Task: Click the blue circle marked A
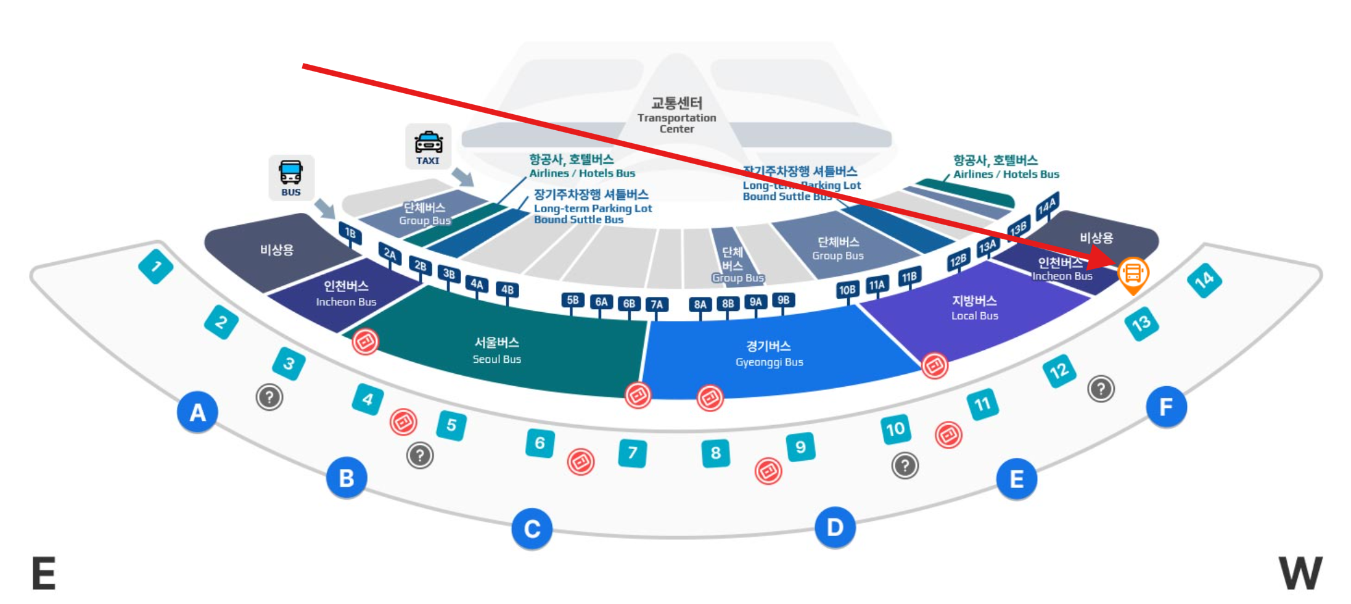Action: point(197,412)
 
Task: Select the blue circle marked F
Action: point(1165,407)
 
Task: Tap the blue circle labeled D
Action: point(834,527)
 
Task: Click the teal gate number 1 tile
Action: point(155,266)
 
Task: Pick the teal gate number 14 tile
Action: point(1204,280)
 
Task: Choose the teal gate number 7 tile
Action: point(632,453)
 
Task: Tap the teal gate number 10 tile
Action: point(895,429)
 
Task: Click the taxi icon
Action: point(428,146)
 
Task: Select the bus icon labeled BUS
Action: point(291,177)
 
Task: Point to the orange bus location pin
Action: point(1133,273)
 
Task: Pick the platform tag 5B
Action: point(572,300)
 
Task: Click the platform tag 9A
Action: point(755,302)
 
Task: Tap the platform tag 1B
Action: point(350,233)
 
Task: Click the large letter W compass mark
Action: point(1300,573)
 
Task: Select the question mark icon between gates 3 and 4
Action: point(269,397)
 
